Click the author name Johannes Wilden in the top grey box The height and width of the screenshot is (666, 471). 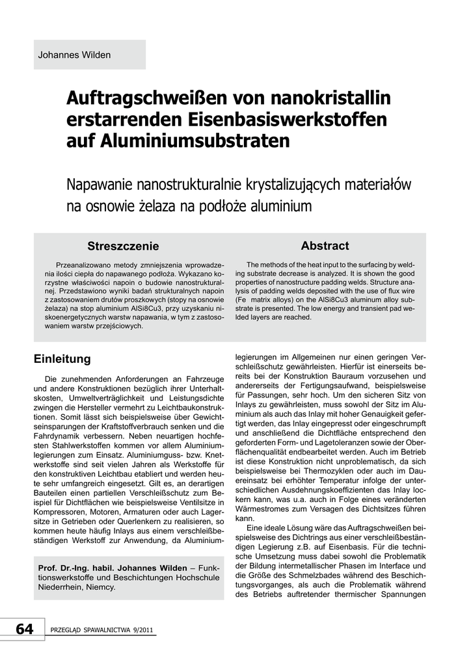coord(75,55)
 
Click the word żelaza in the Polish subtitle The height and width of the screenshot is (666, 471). coord(158,207)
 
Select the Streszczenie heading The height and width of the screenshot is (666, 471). coord(123,246)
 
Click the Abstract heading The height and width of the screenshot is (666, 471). coord(325,246)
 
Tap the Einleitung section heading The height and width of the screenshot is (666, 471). coord(62,359)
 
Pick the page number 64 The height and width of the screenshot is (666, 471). coord(24,629)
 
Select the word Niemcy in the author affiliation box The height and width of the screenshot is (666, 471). coord(101,587)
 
